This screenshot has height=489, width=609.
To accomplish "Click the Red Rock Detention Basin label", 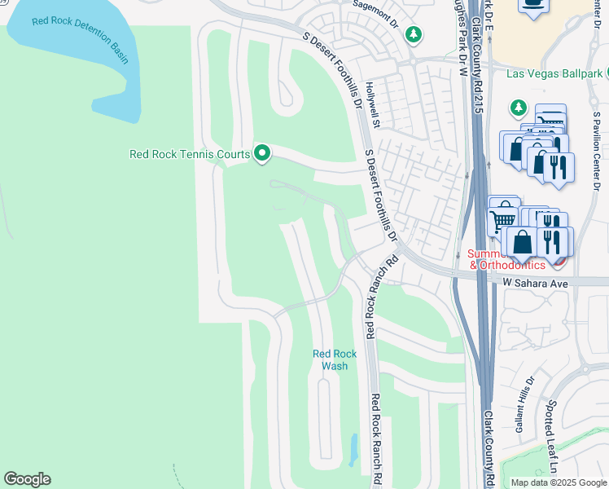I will point(80,37).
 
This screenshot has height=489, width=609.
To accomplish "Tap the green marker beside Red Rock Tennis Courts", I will point(262,153).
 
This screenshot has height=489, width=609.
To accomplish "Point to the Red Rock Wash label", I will point(335,359).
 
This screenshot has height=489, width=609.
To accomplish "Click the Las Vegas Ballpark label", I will point(554,73).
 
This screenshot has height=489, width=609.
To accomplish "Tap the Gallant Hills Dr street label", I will point(524,403).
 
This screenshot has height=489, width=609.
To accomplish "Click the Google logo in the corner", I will point(27,479).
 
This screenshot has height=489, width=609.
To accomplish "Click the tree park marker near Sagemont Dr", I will point(414,34).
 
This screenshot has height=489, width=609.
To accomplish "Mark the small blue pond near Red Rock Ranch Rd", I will point(353,447).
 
